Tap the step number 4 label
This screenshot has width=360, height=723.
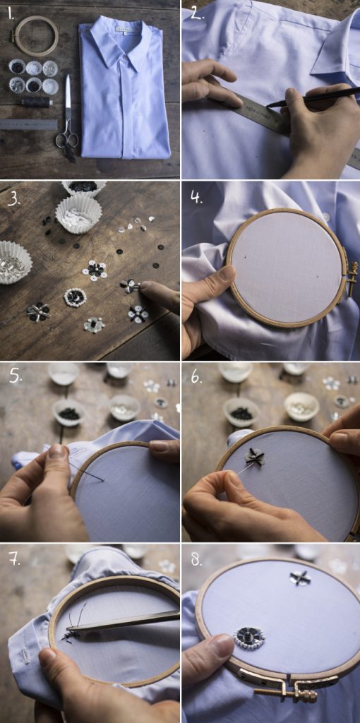click(x=197, y=198)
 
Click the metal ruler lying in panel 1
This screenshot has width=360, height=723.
click(x=28, y=124)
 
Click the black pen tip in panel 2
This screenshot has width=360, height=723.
click(x=269, y=106)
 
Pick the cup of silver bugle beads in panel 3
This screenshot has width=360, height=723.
click(x=14, y=262)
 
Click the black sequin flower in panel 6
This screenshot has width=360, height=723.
click(x=254, y=457)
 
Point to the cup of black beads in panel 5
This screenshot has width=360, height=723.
click(x=70, y=412)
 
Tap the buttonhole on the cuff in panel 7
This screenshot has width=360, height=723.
click(x=27, y=655)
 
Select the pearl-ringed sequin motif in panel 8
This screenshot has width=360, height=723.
click(x=249, y=637)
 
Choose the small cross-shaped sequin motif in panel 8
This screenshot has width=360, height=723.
click(x=300, y=578)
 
